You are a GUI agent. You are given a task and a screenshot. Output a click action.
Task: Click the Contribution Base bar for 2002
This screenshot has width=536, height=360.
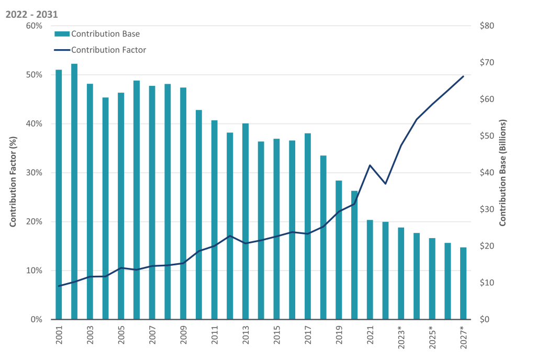[74, 192]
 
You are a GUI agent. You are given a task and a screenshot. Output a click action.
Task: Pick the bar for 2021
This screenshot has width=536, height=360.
[370, 269]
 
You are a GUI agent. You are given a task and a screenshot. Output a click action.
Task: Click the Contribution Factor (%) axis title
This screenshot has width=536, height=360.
[14, 173]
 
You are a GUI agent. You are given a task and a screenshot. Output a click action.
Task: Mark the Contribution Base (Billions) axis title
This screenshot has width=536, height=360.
[503, 173]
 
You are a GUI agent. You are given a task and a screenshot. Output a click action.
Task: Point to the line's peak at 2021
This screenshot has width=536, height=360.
[370, 165]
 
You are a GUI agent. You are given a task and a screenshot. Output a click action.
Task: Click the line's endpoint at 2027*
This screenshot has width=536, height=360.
[463, 76]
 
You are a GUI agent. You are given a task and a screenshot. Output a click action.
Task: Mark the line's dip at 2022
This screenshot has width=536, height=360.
[386, 184]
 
